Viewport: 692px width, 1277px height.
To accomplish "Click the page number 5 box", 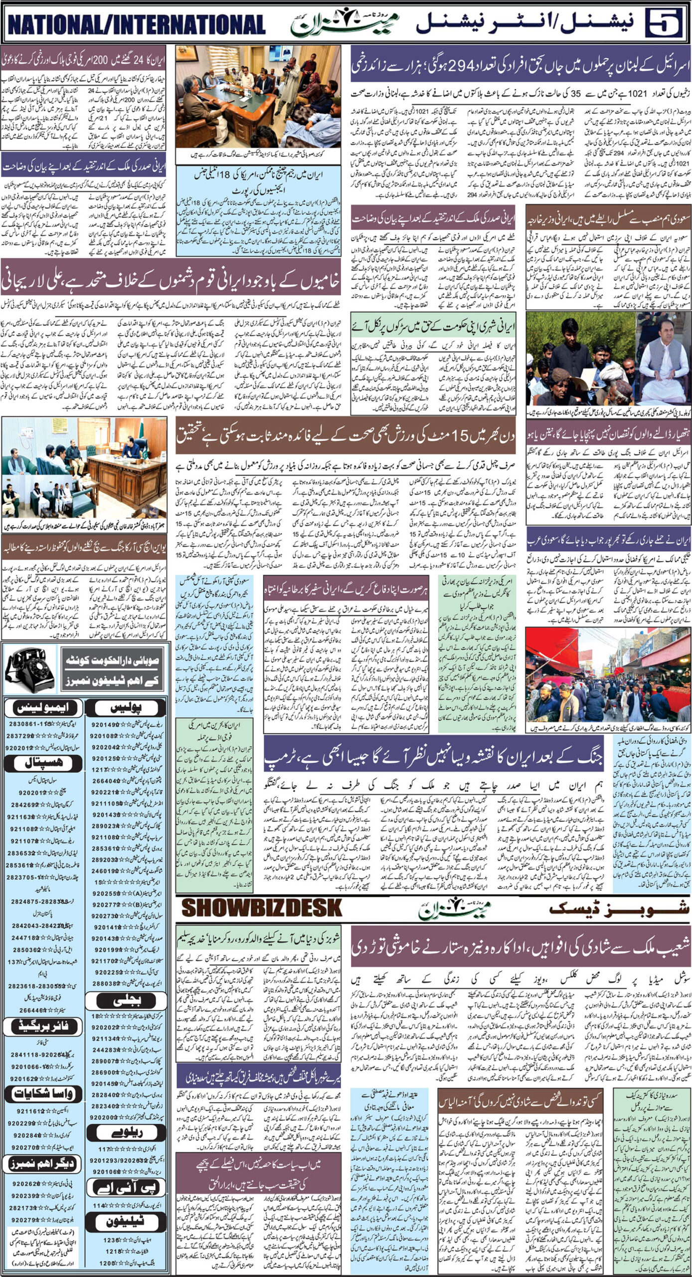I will [x=665, y=23].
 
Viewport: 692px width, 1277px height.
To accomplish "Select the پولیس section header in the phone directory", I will [x=127, y=707].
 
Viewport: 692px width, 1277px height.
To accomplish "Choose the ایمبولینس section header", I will [x=43, y=707].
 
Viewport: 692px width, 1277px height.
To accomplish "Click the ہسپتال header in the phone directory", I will [x=42, y=763].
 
